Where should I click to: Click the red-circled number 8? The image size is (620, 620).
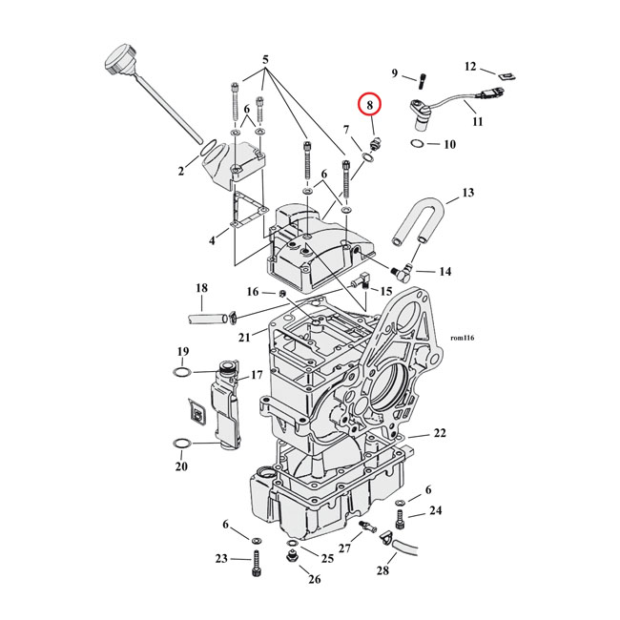368,107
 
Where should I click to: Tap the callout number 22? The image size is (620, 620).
439,433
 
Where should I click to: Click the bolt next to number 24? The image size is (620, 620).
401,520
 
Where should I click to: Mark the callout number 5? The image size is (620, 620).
266,59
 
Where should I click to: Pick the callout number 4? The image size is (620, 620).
213,240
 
